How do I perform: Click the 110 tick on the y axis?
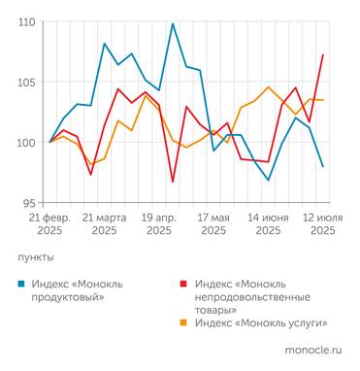(26, 21)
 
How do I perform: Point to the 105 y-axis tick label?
(26, 83)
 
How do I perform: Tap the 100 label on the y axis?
(26, 143)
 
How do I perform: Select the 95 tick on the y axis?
(29, 203)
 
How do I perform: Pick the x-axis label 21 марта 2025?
(105, 223)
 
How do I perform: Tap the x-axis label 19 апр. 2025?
(159, 223)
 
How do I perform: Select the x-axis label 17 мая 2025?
(213, 223)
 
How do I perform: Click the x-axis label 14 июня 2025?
(268, 223)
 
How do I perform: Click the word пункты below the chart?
(38, 257)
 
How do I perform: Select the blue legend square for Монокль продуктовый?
(22, 283)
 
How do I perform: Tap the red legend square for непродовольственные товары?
(185, 283)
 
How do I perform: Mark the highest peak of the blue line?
(173, 23)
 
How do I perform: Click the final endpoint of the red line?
(322, 55)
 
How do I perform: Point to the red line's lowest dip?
(173, 182)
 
